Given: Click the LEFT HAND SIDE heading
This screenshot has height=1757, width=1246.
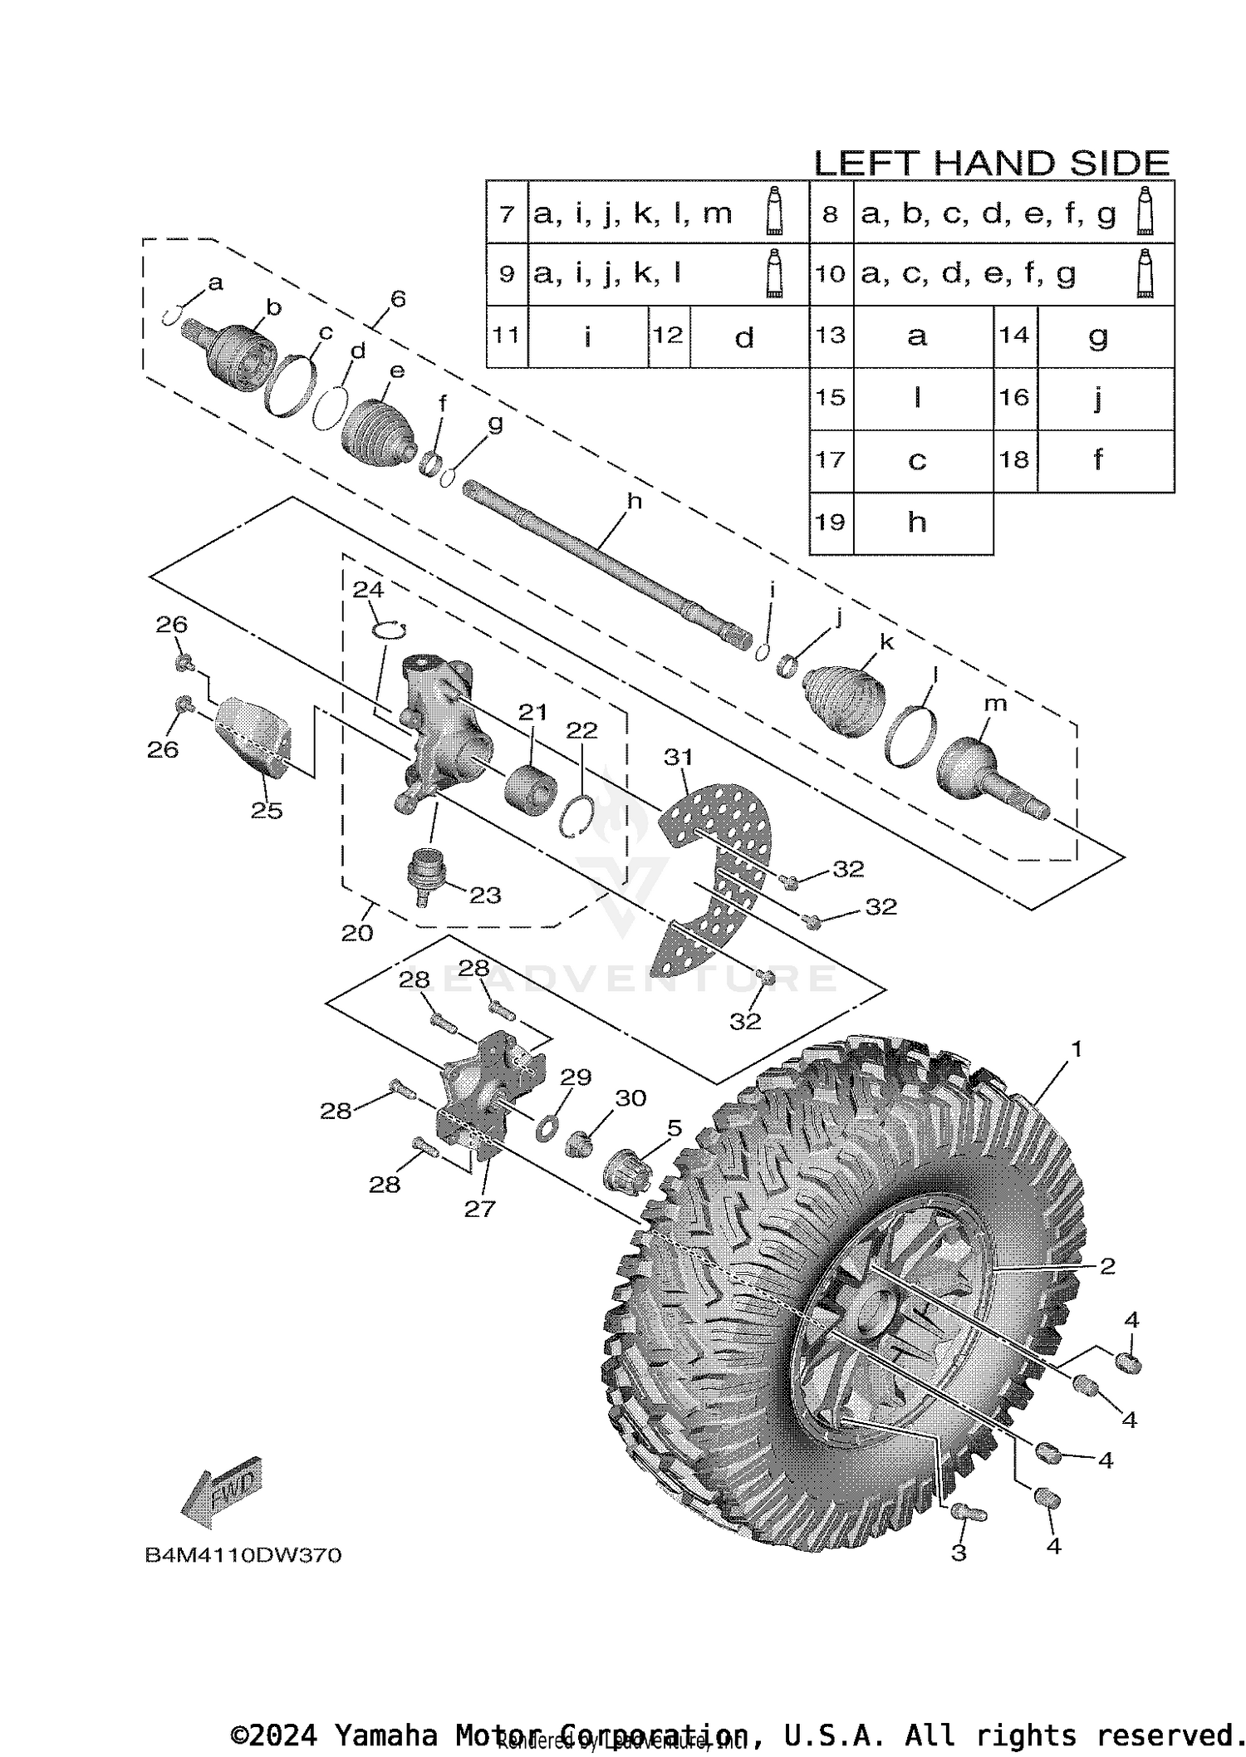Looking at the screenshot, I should click(x=991, y=163).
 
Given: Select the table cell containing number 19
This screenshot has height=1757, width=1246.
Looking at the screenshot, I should click(x=831, y=523).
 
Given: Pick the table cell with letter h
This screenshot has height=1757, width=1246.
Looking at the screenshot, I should click(x=917, y=523).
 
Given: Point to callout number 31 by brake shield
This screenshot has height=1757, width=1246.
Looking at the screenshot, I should click(x=678, y=757).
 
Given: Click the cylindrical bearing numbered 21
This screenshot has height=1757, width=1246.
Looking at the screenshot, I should click(x=530, y=784).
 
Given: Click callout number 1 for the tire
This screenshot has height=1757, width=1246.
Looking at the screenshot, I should click(x=1077, y=1050).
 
